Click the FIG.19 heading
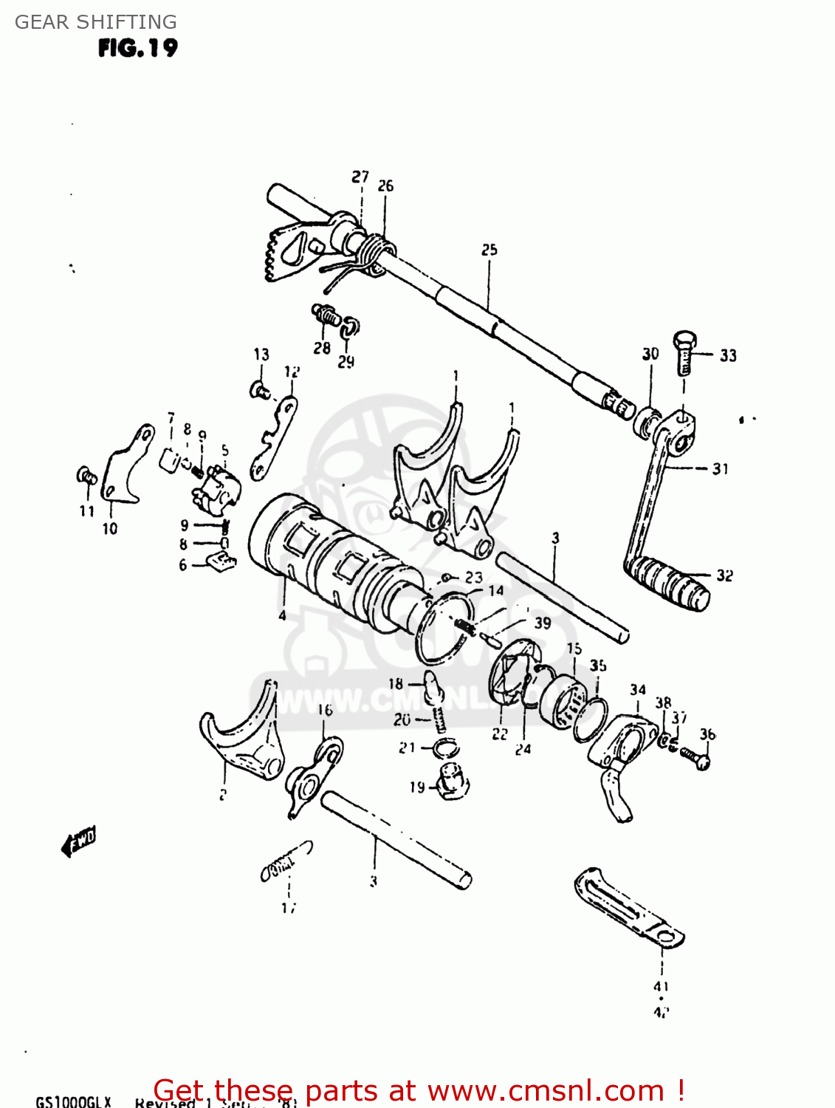point(137,49)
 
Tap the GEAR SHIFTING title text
point(96,22)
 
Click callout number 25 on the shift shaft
point(489,250)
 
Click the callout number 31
point(720,468)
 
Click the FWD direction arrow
point(78,841)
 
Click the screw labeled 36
point(695,756)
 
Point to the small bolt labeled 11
point(86,476)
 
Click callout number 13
point(261,355)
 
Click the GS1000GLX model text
point(73,1101)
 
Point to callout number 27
point(360,177)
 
